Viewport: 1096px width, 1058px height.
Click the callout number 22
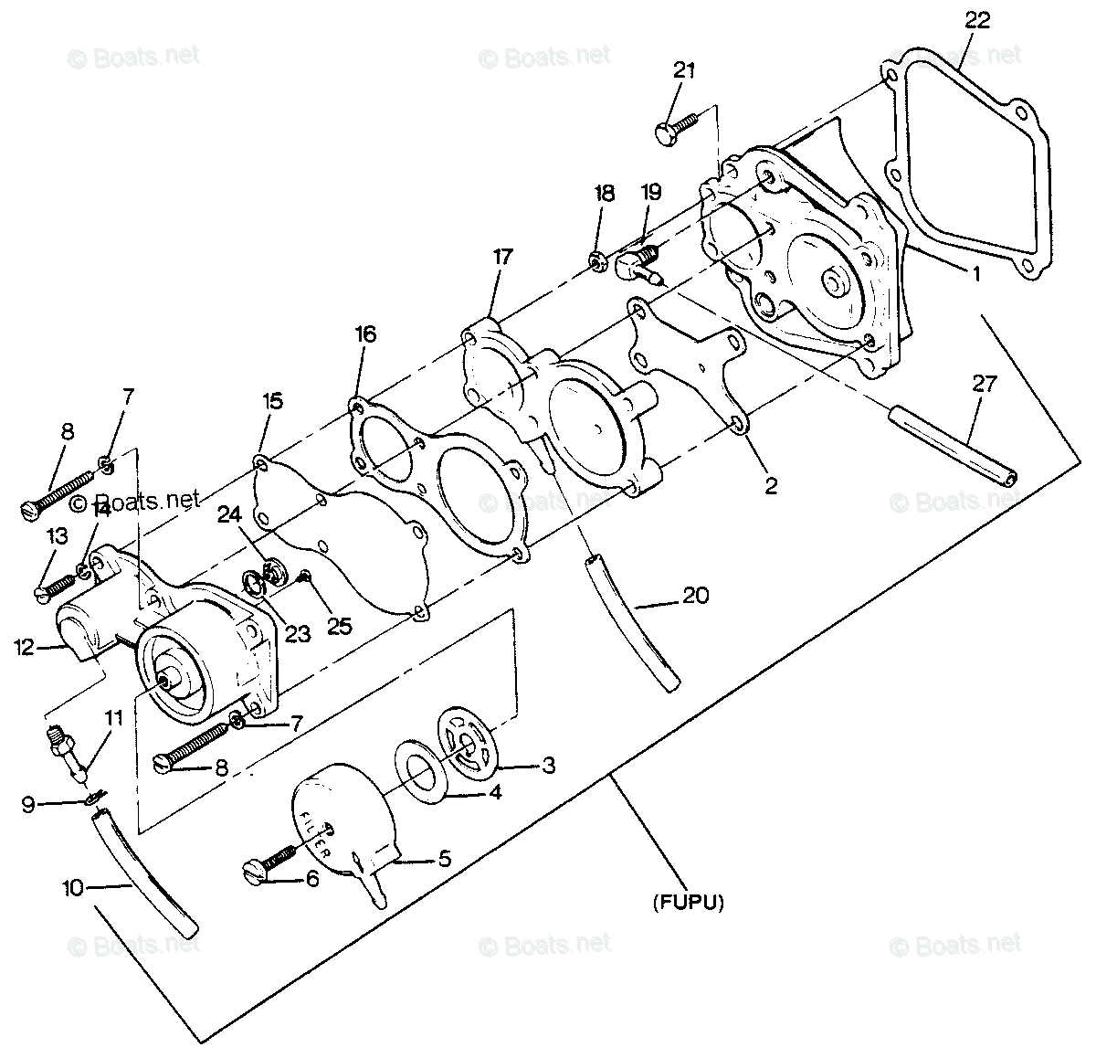[x=976, y=21]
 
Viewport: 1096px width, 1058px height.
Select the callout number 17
[x=503, y=257]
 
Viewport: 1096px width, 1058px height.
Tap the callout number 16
[x=365, y=334]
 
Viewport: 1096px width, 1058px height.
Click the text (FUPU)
[x=689, y=903]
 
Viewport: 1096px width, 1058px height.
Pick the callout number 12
[x=24, y=648]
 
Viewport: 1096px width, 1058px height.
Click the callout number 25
[x=339, y=627]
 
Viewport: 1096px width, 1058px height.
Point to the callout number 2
[x=771, y=485]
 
